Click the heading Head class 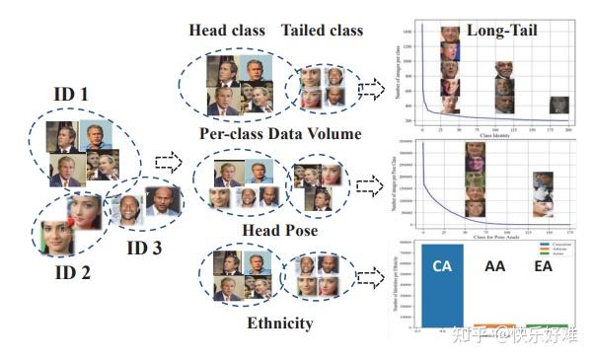point(227,31)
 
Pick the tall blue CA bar point(442,286)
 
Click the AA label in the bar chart point(494,267)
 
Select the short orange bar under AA point(494,325)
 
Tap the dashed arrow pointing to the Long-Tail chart point(372,90)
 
